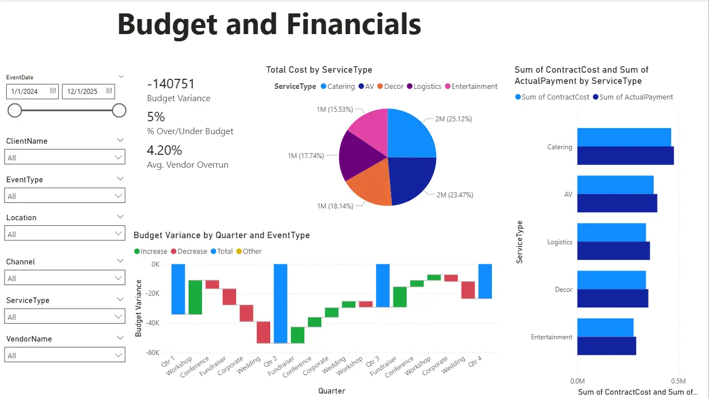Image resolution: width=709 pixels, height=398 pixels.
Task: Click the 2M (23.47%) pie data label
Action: click(455, 195)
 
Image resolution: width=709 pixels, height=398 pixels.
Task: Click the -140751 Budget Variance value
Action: click(171, 84)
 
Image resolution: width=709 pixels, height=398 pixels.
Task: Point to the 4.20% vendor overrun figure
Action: click(165, 150)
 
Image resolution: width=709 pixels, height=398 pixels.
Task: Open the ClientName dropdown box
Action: click(65, 158)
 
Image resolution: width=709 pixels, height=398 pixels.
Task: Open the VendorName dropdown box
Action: click(65, 356)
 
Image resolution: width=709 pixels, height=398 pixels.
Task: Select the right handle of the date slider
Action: click(119, 111)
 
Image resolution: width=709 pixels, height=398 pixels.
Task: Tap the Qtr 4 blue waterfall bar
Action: click(485, 281)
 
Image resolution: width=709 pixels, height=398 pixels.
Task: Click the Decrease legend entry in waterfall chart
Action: click(189, 252)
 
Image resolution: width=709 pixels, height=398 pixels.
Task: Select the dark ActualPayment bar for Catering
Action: click(625, 156)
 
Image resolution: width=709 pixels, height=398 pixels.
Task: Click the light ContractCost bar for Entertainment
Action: click(605, 328)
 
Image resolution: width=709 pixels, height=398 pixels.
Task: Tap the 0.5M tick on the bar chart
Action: click(678, 380)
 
